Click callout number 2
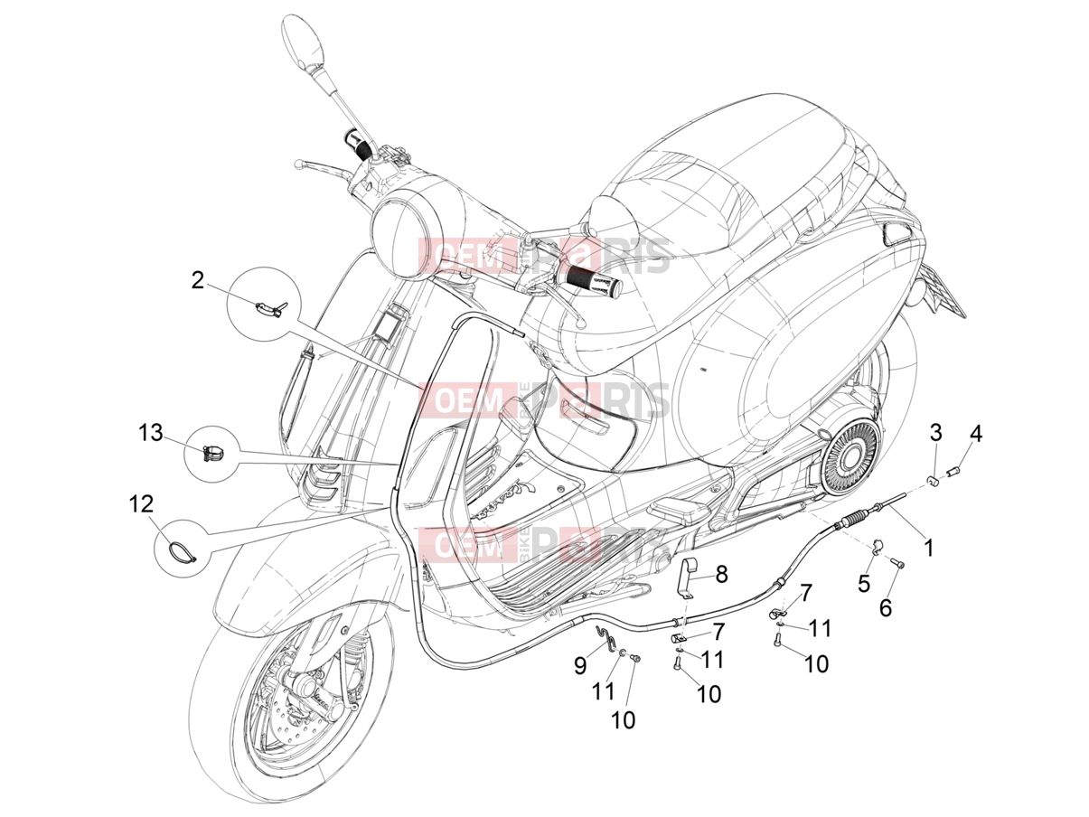point(197,281)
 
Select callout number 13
point(150,433)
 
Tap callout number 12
point(141,504)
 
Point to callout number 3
point(935,433)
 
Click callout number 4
point(975,434)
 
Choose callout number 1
point(929,549)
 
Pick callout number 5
point(864,583)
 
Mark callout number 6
point(886,607)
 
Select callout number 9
point(580,665)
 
